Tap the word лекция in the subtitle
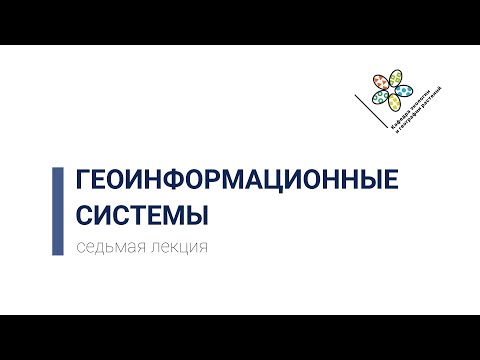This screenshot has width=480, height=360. (x=180, y=248)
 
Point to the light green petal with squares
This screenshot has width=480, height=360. (x=398, y=76)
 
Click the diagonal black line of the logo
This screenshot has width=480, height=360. (x=372, y=114)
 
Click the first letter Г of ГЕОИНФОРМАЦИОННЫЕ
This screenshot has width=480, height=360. (x=83, y=179)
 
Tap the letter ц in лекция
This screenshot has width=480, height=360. (x=187, y=248)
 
